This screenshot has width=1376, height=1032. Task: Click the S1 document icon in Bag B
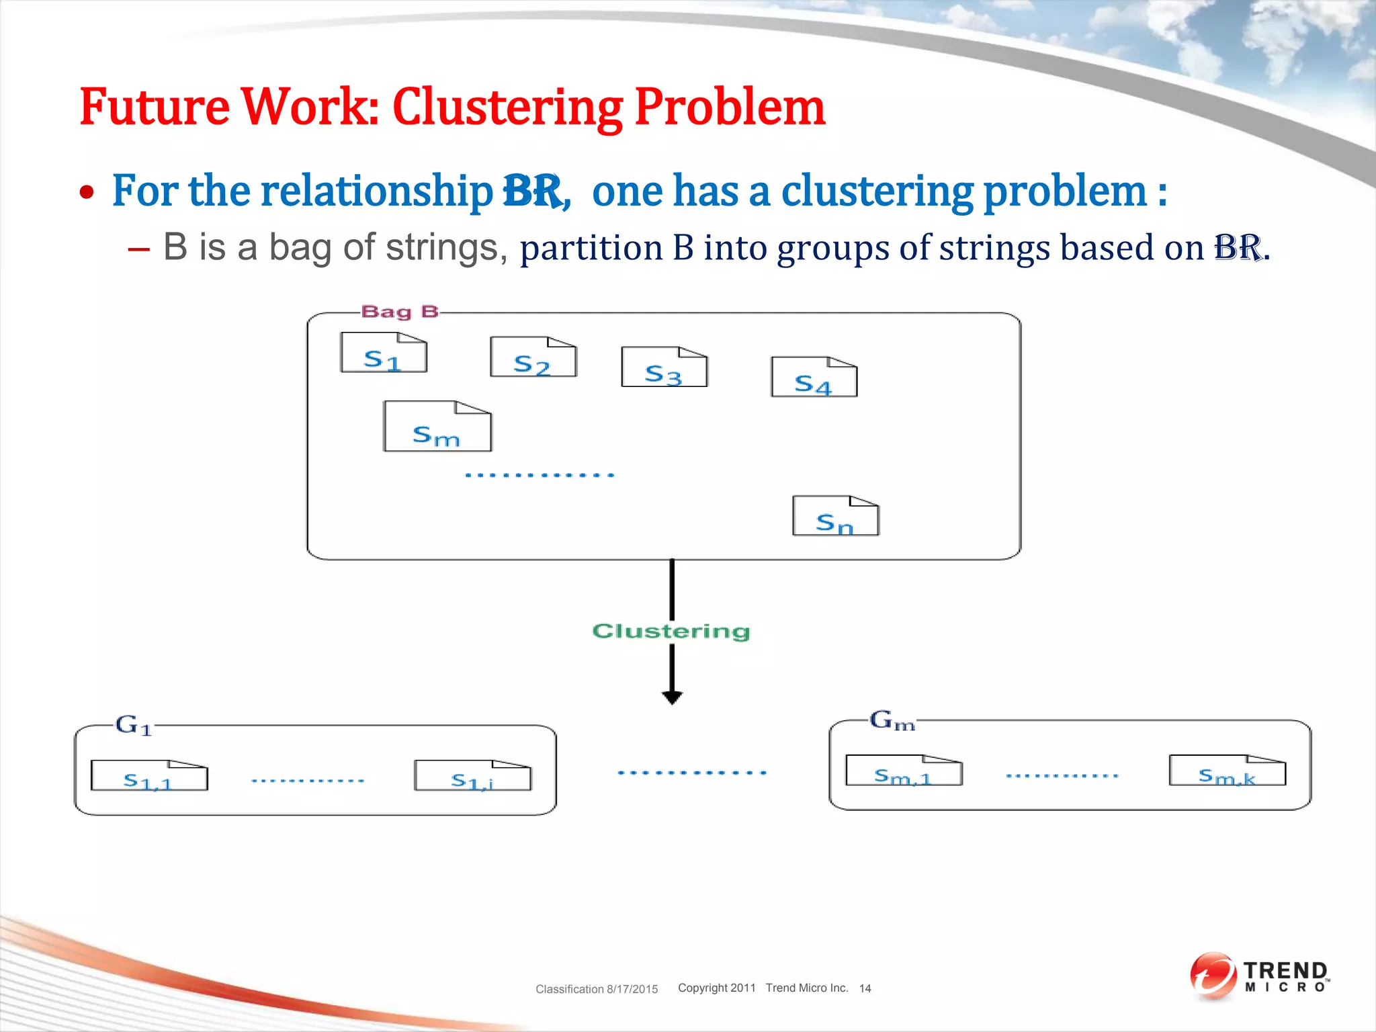point(384,353)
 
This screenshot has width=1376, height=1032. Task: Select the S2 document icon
point(533,357)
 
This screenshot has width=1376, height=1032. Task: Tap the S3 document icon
point(664,368)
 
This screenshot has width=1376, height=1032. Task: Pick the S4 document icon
point(814,378)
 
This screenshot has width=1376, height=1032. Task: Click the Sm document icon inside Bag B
point(437,427)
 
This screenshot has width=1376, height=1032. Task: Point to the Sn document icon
point(835,517)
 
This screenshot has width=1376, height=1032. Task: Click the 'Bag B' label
point(400,312)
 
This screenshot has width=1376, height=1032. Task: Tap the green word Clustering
point(671,632)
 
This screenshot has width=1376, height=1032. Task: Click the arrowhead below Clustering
point(672,697)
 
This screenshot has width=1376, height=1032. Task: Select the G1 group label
point(134,725)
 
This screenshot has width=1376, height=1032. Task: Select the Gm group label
point(892,721)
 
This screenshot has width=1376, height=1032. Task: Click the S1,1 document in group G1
point(149,776)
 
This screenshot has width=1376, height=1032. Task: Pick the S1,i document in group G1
point(472,776)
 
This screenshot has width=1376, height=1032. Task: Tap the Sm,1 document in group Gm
point(904,771)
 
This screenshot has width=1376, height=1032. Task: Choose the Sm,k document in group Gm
point(1227,771)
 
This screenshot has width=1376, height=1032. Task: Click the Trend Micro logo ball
point(1213,976)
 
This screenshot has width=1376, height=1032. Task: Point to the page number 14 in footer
point(865,988)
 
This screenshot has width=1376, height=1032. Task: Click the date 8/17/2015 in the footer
point(632,989)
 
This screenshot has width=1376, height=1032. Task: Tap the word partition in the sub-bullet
point(591,248)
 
